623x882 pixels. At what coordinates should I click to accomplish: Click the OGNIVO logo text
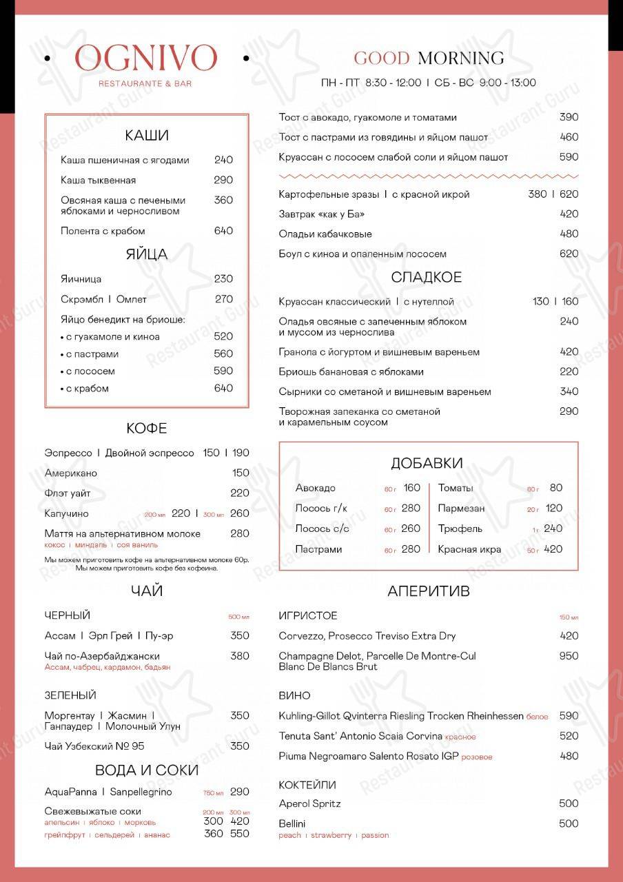145,59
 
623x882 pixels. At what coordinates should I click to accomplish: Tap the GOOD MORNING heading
429,59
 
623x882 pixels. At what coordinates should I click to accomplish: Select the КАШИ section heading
147,135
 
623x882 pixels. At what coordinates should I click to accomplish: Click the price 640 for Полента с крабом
223,231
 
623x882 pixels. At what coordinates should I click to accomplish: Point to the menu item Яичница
81,279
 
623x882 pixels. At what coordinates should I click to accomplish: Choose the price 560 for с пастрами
223,353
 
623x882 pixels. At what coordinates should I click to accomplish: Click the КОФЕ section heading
147,429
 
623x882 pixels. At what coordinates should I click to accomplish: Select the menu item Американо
71,473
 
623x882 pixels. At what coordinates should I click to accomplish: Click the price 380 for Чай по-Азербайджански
240,656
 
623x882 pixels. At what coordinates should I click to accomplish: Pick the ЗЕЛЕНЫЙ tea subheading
70,695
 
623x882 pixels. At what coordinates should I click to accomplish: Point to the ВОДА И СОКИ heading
147,770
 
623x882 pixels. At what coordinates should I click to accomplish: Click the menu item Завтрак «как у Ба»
322,214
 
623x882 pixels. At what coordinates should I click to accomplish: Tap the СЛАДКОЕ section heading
427,278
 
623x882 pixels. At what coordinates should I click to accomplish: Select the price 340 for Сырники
569,391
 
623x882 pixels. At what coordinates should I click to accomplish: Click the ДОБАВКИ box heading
427,463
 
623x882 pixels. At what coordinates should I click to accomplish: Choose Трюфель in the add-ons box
460,529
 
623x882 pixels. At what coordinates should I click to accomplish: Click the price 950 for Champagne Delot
569,656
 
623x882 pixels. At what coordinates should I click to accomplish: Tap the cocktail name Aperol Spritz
309,803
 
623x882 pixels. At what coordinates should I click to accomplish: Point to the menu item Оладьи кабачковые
325,234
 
